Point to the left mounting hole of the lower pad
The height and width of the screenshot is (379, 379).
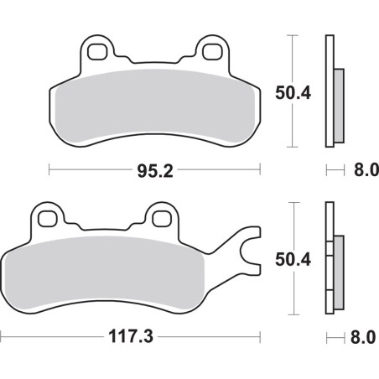[x=48, y=217]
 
